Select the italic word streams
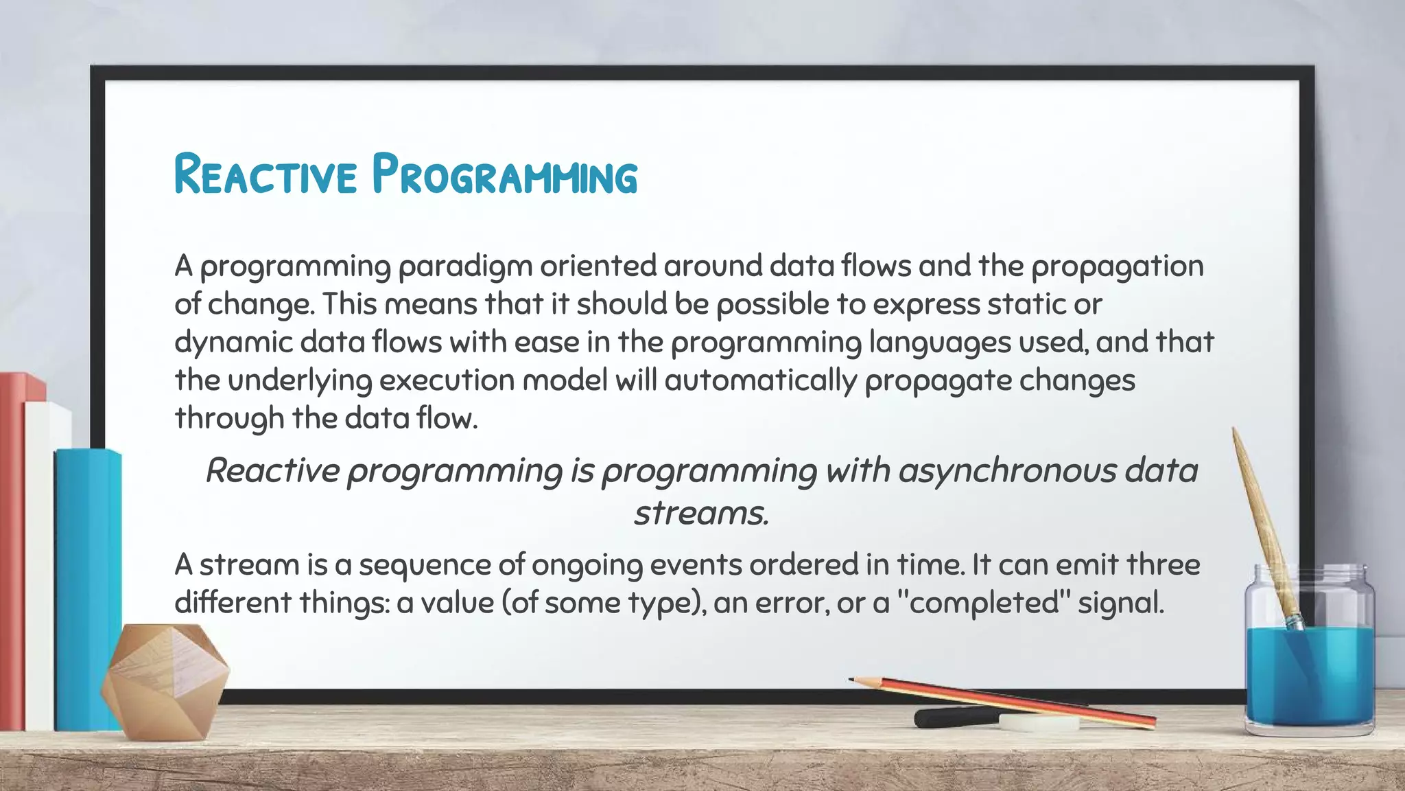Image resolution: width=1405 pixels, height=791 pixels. point(700,513)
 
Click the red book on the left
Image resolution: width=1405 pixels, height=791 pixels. point(12,549)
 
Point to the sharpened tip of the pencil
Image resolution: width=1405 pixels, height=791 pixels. point(853,680)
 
